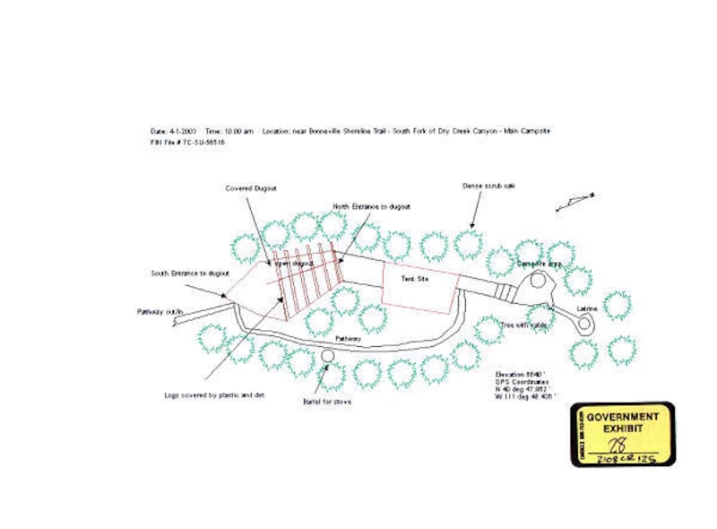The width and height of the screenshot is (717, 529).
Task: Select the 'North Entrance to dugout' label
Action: click(371, 206)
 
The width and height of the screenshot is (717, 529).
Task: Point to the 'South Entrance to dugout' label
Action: click(190, 273)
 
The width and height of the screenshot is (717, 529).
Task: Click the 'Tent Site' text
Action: click(413, 280)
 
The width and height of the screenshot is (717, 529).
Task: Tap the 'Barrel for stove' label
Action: click(327, 401)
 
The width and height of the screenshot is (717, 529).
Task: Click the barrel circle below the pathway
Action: click(327, 356)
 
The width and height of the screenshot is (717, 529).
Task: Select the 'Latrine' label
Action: click(587, 308)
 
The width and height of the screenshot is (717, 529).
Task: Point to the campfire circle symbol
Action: click(539, 280)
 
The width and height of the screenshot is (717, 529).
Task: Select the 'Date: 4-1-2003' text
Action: click(172, 131)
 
